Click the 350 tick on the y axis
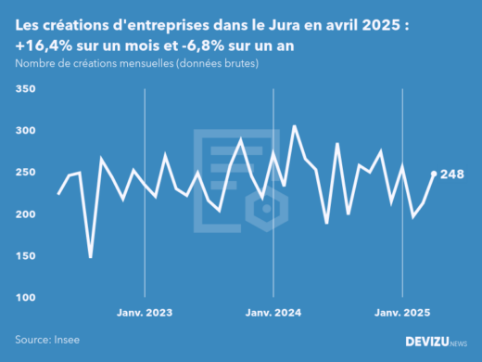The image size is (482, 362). pos(25,89)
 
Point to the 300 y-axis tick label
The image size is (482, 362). pos(25,131)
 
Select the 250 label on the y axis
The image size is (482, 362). pos(25,173)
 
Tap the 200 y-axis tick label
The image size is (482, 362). pos(25,214)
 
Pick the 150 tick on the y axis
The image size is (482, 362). pos(25,256)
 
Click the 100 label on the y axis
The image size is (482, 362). pos(25,298)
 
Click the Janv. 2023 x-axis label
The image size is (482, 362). pos(145,313)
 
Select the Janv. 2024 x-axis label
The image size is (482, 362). pos(273,313)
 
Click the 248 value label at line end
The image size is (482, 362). pos(452,175)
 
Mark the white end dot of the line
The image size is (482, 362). pos(434,174)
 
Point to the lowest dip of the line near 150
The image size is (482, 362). pos(91,256)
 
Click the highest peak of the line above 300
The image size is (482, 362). pos(294,126)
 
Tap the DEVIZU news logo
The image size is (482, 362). pos(437,342)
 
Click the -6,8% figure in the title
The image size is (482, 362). pos(197,45)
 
